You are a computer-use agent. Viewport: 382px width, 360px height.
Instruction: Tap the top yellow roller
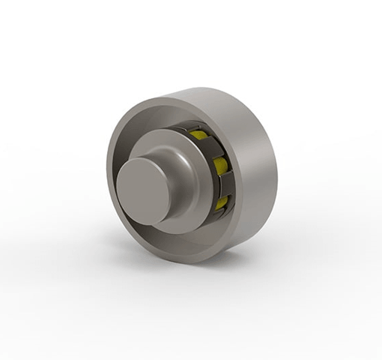coord(198,136)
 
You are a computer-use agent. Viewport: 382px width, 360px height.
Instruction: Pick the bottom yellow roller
coord(222,199)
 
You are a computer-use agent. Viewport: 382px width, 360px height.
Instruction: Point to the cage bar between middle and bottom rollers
coord(223,183)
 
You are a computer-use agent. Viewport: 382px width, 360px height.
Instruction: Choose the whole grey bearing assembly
coord(192,176)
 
